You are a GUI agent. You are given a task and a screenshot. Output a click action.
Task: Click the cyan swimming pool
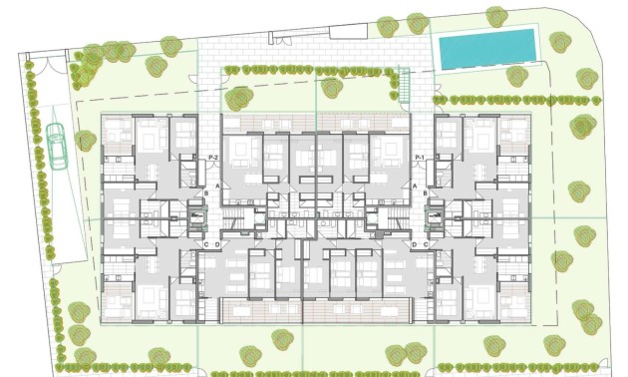487,49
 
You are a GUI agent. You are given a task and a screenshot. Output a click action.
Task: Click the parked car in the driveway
57,146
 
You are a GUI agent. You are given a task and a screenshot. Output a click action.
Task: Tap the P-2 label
212,159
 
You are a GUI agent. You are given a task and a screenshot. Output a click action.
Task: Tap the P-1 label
419,159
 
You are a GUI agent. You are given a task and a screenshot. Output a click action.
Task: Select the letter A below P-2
214,172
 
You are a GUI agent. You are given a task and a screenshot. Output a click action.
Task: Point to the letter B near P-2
205,192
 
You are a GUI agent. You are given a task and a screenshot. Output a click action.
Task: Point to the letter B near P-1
425,192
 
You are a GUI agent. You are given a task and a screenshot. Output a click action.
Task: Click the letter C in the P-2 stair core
205,244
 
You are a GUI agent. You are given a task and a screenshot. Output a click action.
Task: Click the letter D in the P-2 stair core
215,244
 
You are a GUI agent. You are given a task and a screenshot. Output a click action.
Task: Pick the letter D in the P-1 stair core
414,244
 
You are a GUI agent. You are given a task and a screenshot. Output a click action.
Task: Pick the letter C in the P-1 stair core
425,244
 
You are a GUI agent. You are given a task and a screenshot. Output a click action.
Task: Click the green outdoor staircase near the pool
406,88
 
